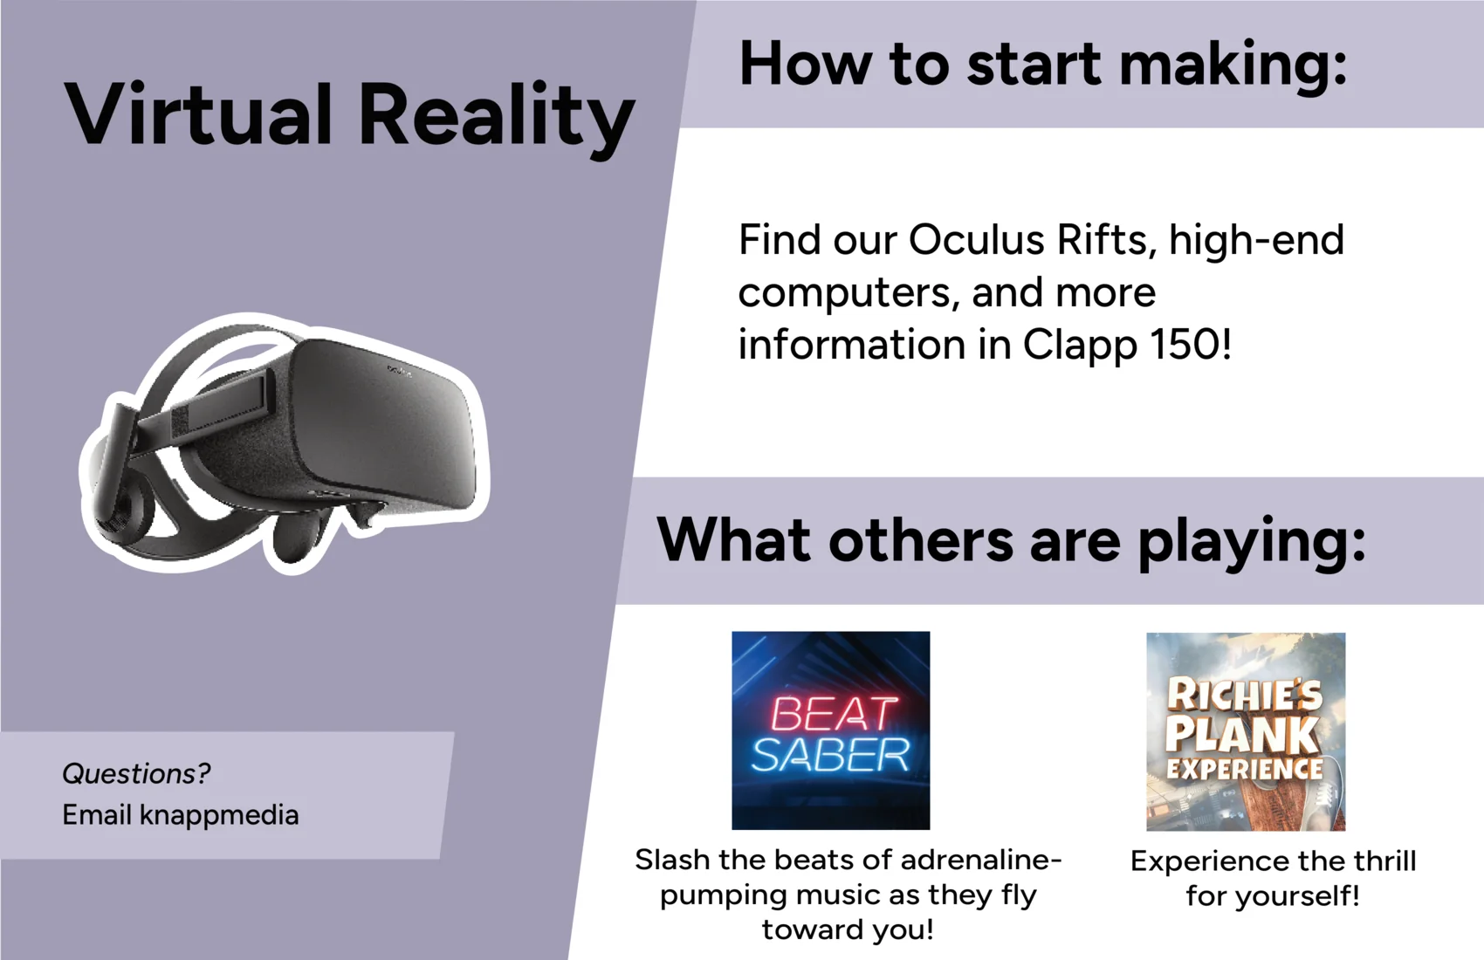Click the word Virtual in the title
point(197,114)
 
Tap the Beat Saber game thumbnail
point(831,730)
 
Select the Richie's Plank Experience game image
point(1246,731)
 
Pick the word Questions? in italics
point(136,773)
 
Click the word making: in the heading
point(1233,67)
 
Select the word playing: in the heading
point(1252,543)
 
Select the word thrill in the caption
point(1384,861)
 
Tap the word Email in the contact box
point(97,815)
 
